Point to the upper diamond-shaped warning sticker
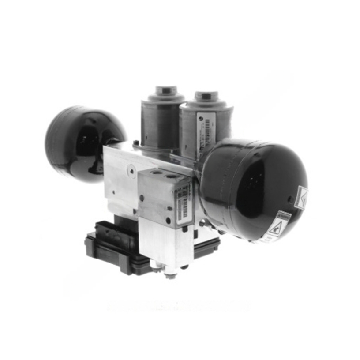(302, 197)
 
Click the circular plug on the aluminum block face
(131, 169)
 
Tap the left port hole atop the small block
(156, 173)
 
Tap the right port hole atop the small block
(172, 176)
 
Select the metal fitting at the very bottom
(170, 274)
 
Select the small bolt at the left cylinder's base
(136, 142)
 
